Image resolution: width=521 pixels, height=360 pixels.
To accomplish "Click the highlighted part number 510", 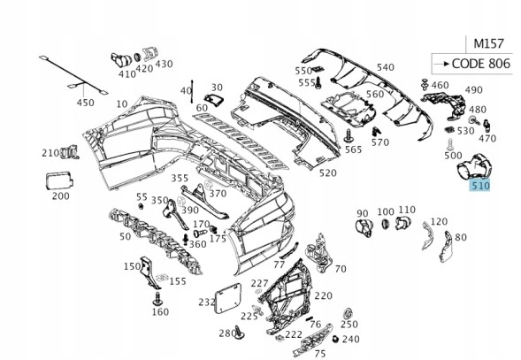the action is [479, 185].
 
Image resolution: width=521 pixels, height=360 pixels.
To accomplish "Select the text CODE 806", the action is [481, 63].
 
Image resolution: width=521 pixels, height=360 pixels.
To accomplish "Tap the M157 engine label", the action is [489, 43].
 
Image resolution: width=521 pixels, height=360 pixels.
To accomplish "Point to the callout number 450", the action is [86, 103].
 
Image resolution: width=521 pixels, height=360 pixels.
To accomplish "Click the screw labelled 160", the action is [157, 299].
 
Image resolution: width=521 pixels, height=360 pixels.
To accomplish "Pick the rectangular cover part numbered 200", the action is [58, 181].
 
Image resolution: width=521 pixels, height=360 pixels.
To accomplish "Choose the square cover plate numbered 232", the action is [228, 298].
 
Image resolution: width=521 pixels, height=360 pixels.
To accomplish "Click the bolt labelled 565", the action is [349, 136].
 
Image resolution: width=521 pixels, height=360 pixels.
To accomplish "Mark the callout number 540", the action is [386, 67].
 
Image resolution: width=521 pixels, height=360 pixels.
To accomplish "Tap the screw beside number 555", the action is [318, 83].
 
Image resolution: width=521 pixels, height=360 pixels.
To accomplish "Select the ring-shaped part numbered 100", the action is [386, 224].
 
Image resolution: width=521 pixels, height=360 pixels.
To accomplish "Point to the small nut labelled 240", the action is [335, 339].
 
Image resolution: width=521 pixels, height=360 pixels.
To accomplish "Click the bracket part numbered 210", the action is [70, 152].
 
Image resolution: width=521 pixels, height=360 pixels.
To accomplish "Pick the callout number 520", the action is [328, 172].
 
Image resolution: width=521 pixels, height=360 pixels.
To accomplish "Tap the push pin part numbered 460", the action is [425, 84].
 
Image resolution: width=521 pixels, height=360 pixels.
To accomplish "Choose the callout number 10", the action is [122, 104].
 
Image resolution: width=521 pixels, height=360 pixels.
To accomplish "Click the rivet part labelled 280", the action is [239, 333].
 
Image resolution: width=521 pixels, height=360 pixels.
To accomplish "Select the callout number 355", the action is [180, 178].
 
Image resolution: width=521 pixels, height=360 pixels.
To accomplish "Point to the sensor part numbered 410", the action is [121, 60].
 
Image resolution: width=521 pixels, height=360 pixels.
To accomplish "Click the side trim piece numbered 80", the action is [446, 247].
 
